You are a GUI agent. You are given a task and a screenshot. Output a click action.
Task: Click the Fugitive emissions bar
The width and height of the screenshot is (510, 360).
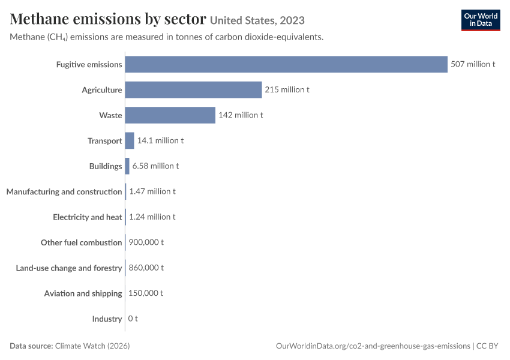pyautogui.click(x=286, y=64)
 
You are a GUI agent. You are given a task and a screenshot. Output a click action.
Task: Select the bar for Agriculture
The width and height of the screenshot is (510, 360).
pyautogui.click(x=194, y=90)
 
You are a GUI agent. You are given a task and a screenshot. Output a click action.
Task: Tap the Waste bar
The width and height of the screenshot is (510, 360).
pyautogui.click(x=170, y=115)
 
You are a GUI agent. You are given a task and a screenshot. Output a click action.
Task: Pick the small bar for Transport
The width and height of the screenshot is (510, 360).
pyautogui.click(x=130, y=140)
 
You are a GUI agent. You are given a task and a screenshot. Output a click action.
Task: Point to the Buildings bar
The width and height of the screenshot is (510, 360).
pyautogui.click(x=127, y=166)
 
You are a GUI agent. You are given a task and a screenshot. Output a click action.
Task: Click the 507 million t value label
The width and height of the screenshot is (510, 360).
pyautogui.click(x=473, y=64)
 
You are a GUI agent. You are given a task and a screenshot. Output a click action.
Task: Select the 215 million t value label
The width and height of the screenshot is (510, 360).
pyautogui.click(x=287, y=89)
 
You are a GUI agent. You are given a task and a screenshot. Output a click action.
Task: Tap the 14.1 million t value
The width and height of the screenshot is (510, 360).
pyautogui.click(x=160, y=140)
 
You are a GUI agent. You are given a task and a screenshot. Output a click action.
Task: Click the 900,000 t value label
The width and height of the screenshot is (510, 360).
pyautogui.click(x=146, y=242)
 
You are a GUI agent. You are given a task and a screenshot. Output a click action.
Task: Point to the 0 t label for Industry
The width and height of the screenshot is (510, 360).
pyautogui.click(x=133, y=319)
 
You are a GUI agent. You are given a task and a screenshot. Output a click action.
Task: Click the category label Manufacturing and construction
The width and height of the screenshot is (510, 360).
pyautogui.click(x=64, y=191)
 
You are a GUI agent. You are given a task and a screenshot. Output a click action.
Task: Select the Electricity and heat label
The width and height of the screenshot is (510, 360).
pyautogui.click(x=88, y=217)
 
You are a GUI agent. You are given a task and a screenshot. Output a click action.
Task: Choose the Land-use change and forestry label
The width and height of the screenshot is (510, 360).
pyautogui.click(x=69, y=268)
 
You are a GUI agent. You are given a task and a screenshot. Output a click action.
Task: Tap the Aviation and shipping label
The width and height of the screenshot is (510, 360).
pyautogui.click(x=83, y=293)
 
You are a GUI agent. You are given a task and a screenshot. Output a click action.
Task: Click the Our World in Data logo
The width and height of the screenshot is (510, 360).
pyautogui.click(x=481, y=20)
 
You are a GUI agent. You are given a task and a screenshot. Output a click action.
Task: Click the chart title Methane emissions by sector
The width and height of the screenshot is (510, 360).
pyautogui.click(x=108, y=19)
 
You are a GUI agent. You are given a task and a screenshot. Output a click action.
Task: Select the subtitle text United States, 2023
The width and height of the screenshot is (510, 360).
pyautogui.click(x=257, y=20)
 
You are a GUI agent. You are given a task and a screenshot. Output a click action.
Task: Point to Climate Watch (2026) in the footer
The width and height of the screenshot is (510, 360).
pyautogui.click(x=92, y=346)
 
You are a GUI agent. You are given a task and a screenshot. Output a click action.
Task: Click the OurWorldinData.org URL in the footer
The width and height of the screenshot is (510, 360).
pyautogui.click(x=373, y=346)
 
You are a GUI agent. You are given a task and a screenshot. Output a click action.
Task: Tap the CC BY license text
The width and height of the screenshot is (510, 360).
pyautogui.click(x=487, y=346)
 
